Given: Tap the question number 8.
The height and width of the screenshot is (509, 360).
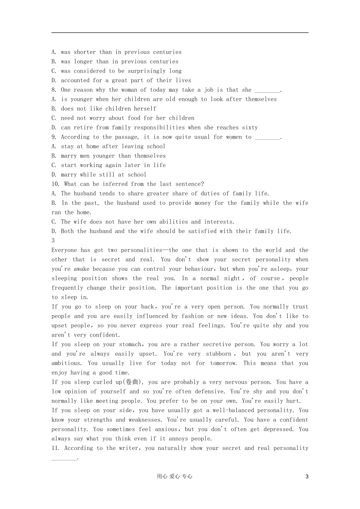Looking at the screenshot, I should pos(53,90).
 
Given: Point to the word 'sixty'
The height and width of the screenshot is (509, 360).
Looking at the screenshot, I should pos(250,128).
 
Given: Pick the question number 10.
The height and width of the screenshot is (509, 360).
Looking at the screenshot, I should pos(55,184).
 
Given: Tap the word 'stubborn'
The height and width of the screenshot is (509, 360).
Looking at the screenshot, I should pos(219,354).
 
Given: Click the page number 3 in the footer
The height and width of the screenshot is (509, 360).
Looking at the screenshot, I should pos(307,477).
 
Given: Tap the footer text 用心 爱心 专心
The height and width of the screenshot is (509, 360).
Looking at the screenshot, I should pos(174,477).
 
